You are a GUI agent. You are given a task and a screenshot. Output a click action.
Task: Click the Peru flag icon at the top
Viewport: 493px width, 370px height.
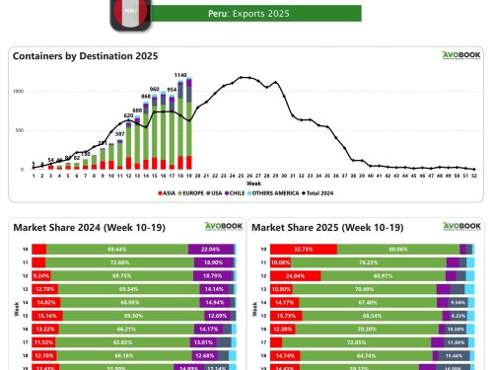click(130, 13)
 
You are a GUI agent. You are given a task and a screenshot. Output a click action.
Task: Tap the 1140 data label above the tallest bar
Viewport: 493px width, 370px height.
click(180, 75)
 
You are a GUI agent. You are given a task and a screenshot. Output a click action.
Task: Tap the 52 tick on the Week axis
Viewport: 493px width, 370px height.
click(473, 176)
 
